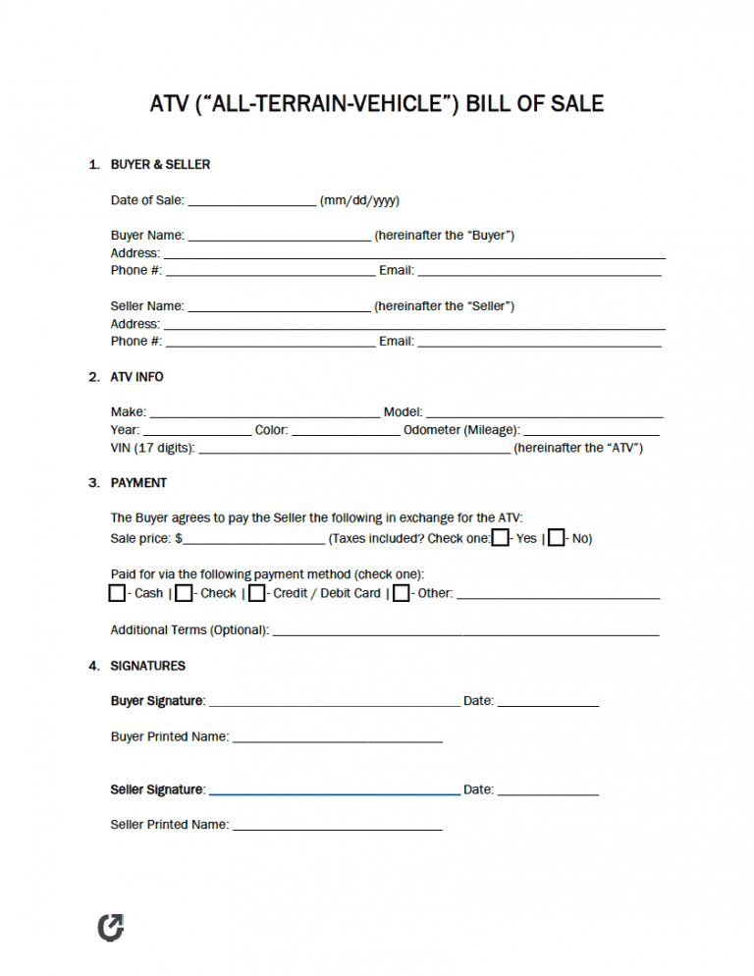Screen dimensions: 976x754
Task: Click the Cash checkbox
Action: click(118, 593)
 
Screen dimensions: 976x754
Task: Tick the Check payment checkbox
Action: click(184, 593)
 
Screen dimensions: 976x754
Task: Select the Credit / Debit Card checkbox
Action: click(256, 593)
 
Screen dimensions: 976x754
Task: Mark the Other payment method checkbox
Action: click(401, 593)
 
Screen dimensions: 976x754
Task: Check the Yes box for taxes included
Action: click(501, 538)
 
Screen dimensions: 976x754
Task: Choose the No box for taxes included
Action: click(557, 538)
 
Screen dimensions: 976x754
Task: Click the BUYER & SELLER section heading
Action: click(160, 165)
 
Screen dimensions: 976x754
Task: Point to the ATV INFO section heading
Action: click(136, 377)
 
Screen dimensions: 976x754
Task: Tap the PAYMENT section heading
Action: click(138, 483)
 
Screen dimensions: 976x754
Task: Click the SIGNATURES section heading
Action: click(147, 666)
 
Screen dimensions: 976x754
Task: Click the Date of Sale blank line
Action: click(251, 203)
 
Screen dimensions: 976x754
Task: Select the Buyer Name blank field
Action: click(279, 239)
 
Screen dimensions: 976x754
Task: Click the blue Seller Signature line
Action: click(334, 791)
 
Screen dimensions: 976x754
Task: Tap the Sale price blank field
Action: click(254, 541)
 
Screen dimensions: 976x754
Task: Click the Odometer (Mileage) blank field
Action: click(592, 433)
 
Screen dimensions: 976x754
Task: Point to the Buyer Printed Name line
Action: click(337, 739)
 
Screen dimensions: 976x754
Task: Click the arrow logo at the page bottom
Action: click(111, 927)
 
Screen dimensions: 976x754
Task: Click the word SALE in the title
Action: click(571, 103)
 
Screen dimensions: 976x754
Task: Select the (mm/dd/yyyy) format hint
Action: click(359, 201)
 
